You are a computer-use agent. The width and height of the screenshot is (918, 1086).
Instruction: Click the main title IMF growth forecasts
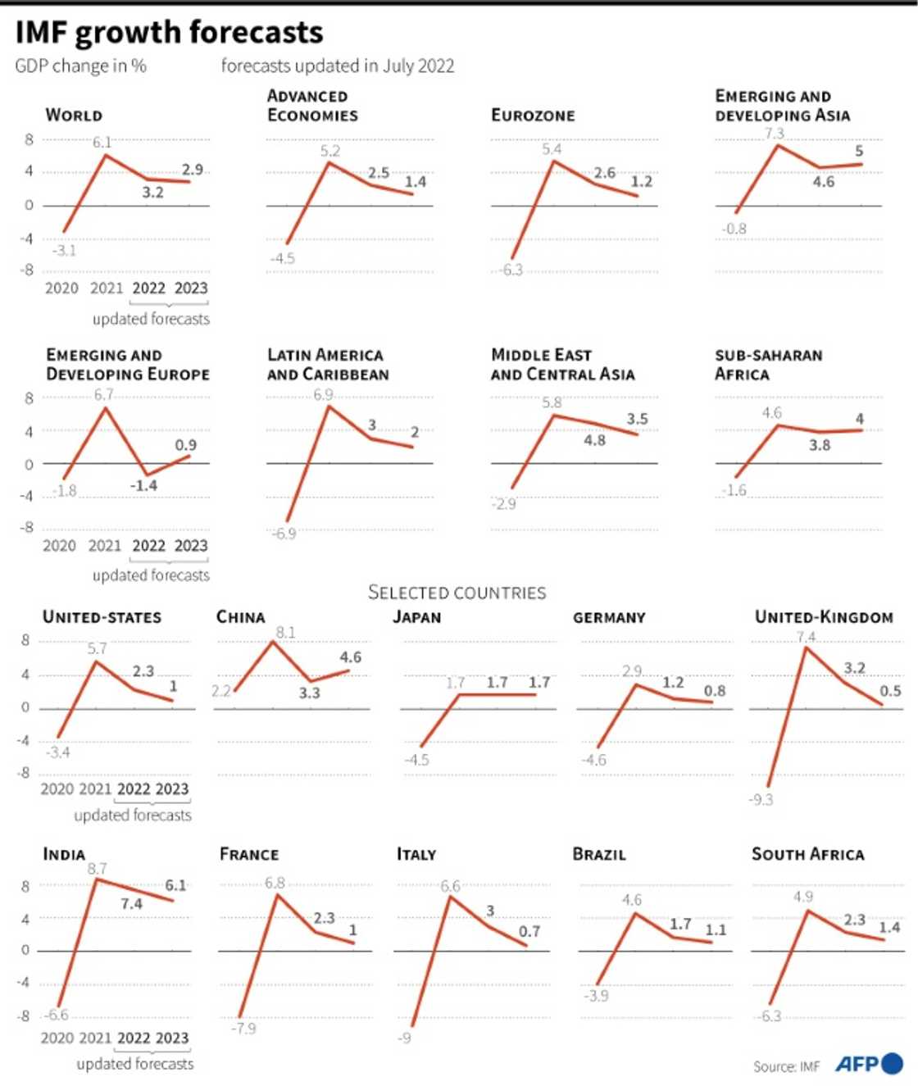click(x=169, y=33)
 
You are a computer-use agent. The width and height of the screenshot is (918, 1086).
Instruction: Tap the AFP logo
click(x=868, y=1064)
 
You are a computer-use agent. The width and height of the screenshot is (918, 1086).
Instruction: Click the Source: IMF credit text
click(x=786, y=1066)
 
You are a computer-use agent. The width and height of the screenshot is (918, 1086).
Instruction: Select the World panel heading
click(x=74, y=116)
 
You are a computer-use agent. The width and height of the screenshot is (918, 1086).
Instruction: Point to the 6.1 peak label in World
click(x=102, y=142)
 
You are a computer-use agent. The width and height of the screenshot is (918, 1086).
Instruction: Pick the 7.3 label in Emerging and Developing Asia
click(x=774, y=133)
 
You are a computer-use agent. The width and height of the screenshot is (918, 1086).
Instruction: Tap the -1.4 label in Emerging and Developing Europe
click(x=143, y=485)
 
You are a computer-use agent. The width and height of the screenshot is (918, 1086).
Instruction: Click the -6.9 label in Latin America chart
click(x=283, y=534)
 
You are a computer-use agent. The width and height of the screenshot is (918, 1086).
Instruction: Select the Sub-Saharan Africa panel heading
click(x=768, y=365)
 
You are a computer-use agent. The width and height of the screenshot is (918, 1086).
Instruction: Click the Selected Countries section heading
click(x=457, y=593)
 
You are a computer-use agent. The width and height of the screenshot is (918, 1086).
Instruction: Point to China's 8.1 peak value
click(x=285, y=632)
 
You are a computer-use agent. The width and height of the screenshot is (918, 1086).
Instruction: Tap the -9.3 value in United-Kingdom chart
click(x=761, y=799)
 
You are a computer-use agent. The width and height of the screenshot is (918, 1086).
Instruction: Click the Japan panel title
click(x=416, y=617)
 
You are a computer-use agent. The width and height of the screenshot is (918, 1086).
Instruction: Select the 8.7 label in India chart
click(x=97, y=868)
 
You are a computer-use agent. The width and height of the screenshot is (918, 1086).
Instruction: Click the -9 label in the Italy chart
click(x=404, y=1038)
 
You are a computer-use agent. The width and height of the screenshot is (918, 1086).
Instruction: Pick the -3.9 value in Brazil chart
click(x=596, y=996)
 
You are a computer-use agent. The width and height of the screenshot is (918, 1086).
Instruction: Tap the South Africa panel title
click(x=807, y=854)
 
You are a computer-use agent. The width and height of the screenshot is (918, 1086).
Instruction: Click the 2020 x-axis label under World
click(x=61, y=289)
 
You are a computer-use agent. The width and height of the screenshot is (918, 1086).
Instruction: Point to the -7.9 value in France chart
click(x=243, y=1028)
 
